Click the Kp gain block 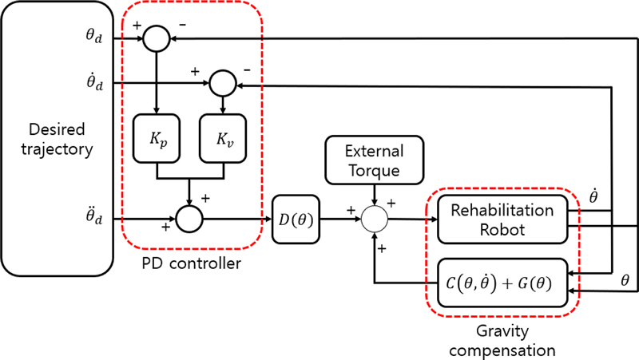coord(157,137)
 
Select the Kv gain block coord(222,137)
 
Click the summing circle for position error coord(157,38)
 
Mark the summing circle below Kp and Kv coord(189,217)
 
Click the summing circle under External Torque coord(374,217)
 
